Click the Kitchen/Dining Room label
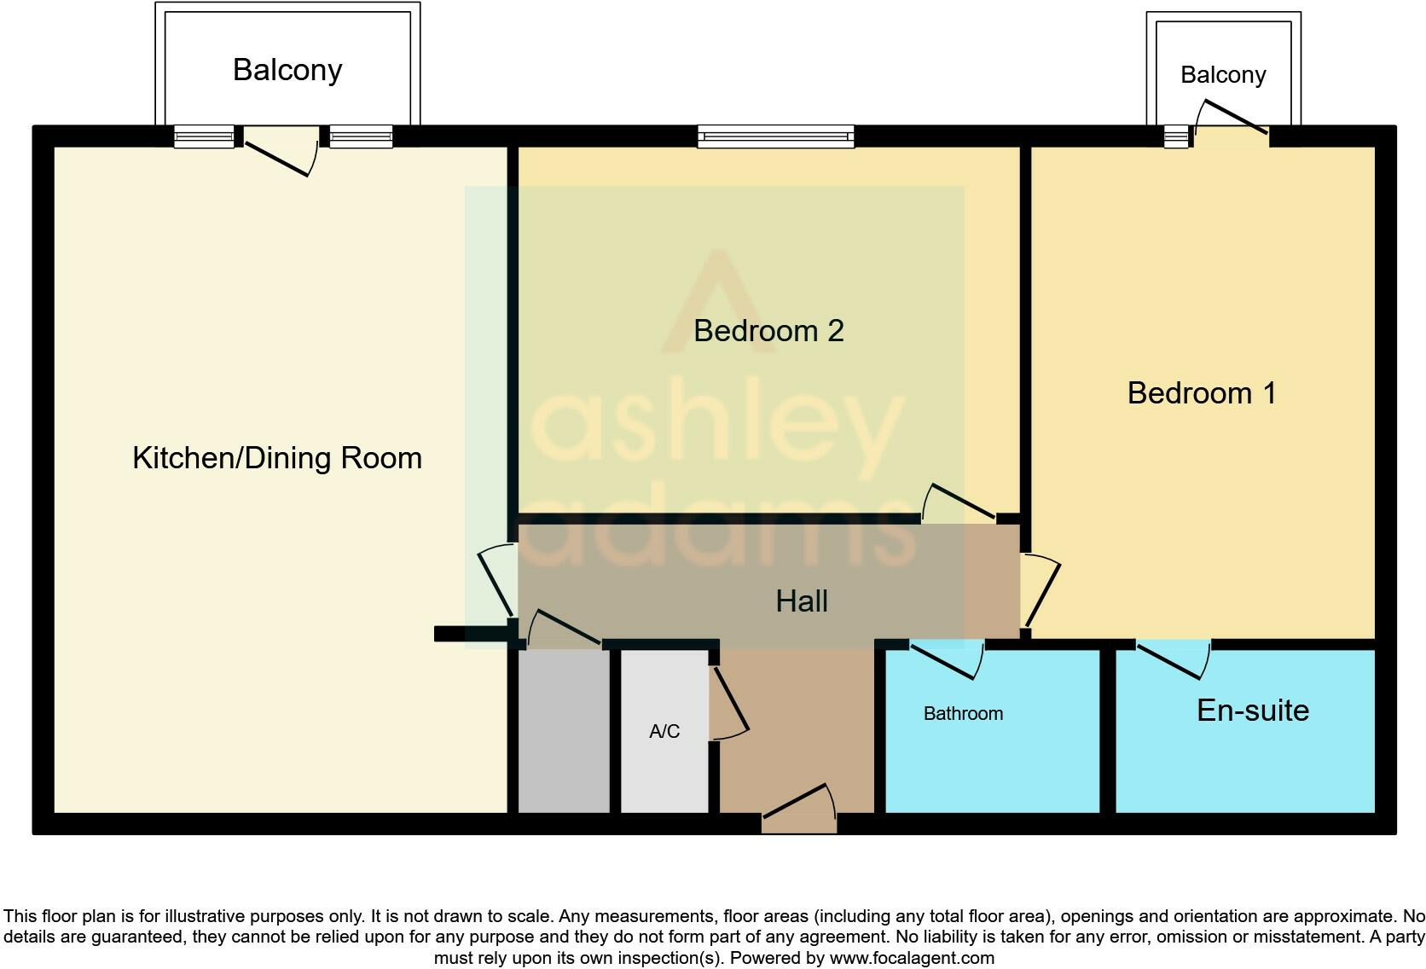pos(277,458)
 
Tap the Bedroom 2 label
pos(768,330)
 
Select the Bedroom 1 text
pos(1202,393)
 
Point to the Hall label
pos(802,601)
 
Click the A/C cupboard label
pos(664,732)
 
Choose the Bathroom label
pos(963,714)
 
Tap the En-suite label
pos(1253,710)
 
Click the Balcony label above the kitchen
pos(287,69)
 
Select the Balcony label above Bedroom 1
pos(1223,75)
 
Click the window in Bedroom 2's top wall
pos(775,136)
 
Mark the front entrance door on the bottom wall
pos(800,807)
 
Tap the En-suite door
pos(1174,659)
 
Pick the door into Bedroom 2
pos(958,502)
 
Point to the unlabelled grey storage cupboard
pos(564,731)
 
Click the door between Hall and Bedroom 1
pos(1041,590)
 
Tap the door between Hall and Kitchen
pos(496,581)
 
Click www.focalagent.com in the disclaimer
pos(912,958)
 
